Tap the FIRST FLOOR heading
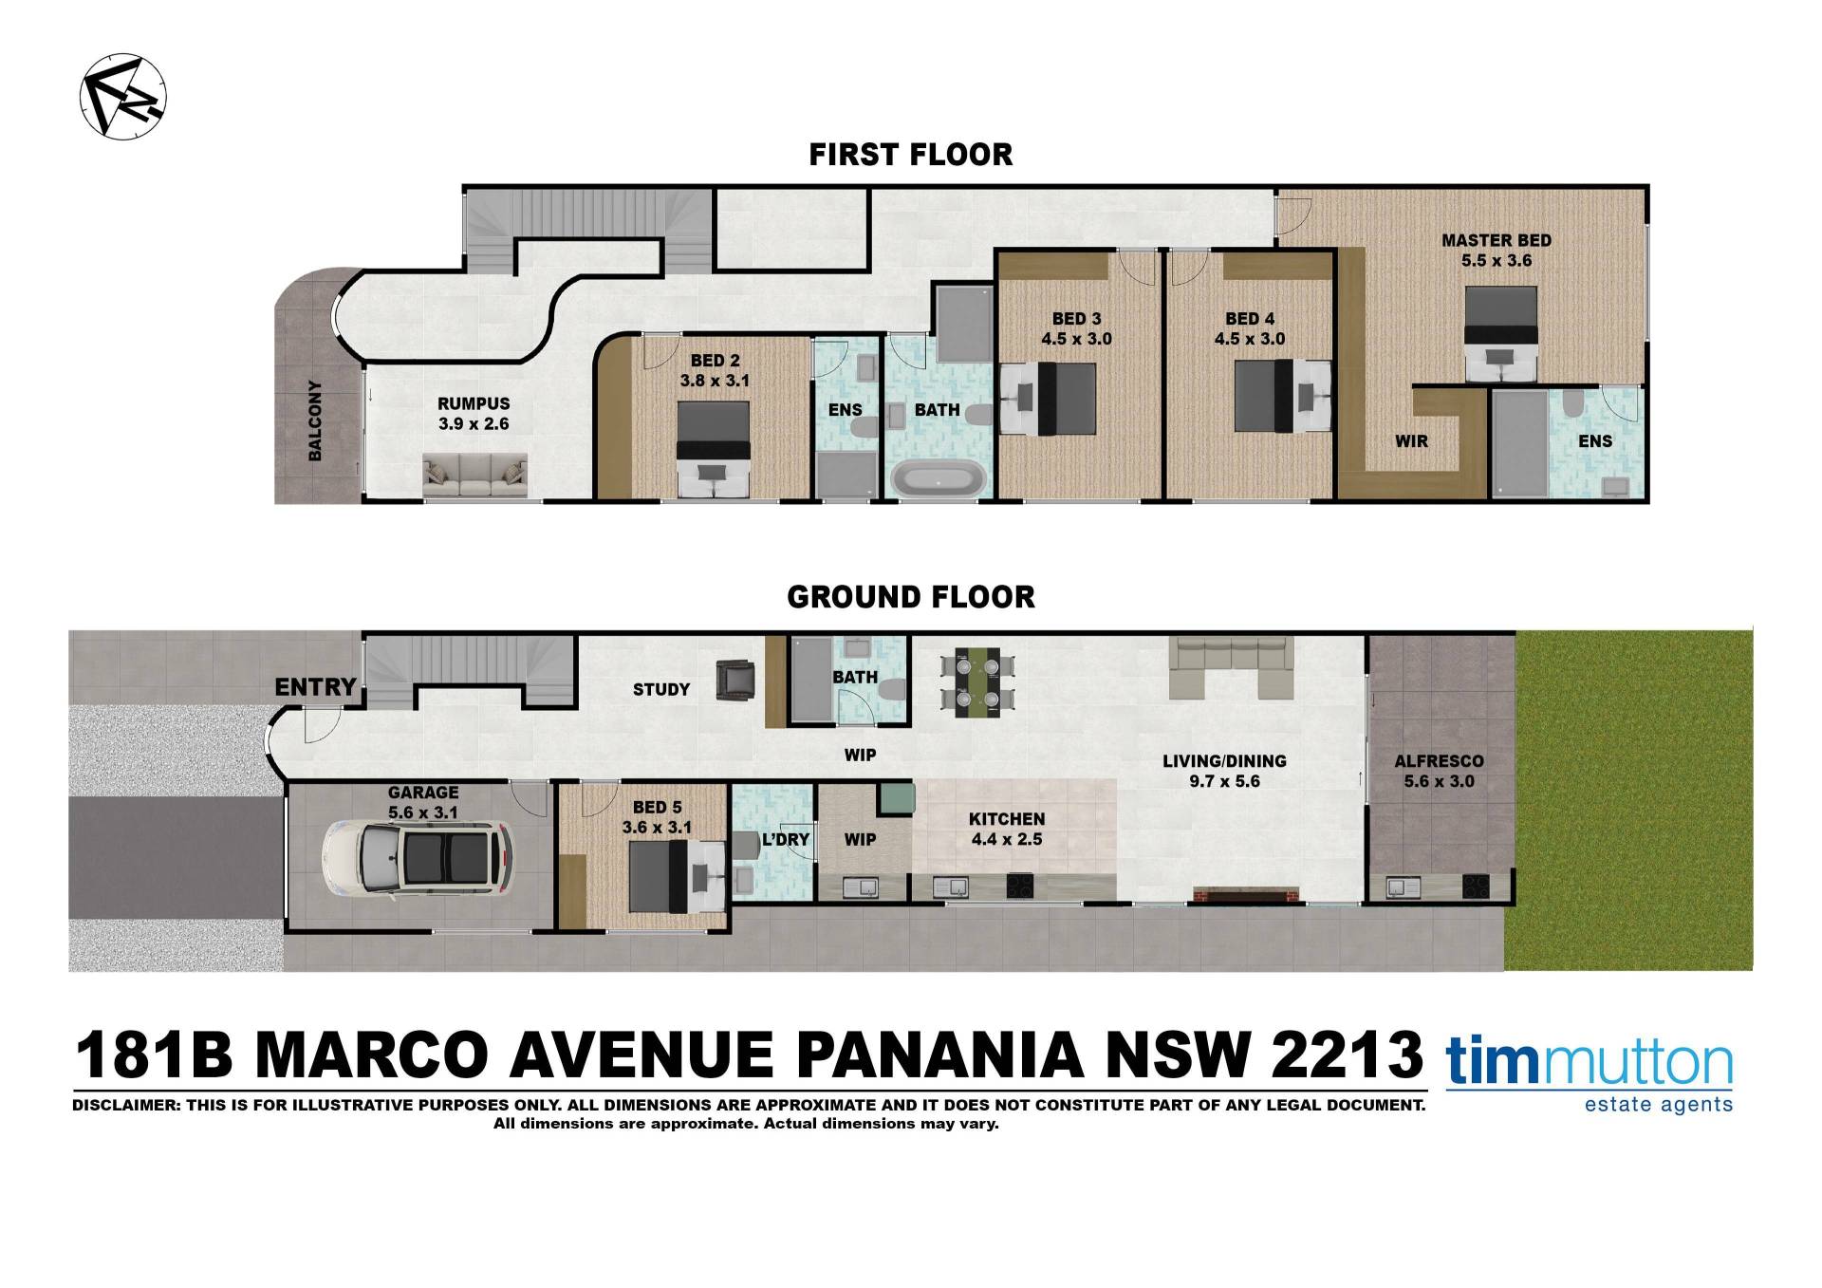tap(911, 155)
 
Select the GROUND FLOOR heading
tap(911, 597)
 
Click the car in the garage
tap(418, 860)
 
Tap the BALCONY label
tap(315, 421)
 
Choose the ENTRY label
tap(316, 686)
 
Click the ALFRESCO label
tap(1439, 761)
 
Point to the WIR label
tap(1412, 441)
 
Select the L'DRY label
tap(785, 840)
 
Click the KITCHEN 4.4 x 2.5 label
tap(1007, 829)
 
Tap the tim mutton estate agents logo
tap(1590, 1076)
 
